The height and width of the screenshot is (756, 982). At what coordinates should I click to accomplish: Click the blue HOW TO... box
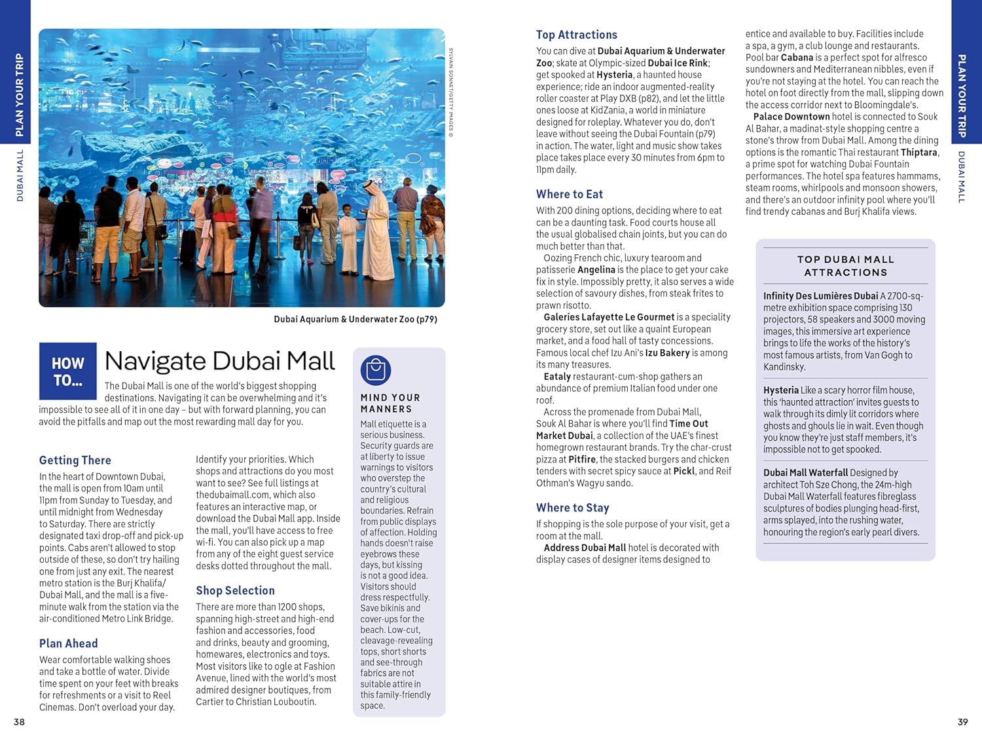67,371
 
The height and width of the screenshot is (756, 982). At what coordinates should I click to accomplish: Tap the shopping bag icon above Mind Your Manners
375,370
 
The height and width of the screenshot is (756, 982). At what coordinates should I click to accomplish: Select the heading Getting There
75,460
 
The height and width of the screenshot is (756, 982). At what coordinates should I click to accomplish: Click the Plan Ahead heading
69,643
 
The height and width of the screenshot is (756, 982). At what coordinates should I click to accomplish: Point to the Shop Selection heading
235,590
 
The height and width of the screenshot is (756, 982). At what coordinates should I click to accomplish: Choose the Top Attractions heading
576,35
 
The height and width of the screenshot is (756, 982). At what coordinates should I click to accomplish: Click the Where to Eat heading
569,194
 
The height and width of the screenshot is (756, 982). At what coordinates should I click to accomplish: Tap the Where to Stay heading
572,508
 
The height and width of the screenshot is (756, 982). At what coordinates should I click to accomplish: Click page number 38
19,722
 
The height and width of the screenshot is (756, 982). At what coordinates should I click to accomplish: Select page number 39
962,722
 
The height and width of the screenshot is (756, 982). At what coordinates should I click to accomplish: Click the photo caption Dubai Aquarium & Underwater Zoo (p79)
355,319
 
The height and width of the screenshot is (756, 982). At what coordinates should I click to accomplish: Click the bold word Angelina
596,269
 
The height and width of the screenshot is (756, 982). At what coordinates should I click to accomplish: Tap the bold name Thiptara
918,152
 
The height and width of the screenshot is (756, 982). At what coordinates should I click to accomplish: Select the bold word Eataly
557,376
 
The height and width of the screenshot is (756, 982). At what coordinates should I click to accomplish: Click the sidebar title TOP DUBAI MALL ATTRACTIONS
845,265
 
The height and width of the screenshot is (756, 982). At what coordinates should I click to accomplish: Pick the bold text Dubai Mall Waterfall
805,472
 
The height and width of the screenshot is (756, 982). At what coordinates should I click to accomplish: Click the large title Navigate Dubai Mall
219,361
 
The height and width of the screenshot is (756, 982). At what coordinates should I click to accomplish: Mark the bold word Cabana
797,57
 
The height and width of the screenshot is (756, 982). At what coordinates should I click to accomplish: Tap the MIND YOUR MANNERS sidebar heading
390,403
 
